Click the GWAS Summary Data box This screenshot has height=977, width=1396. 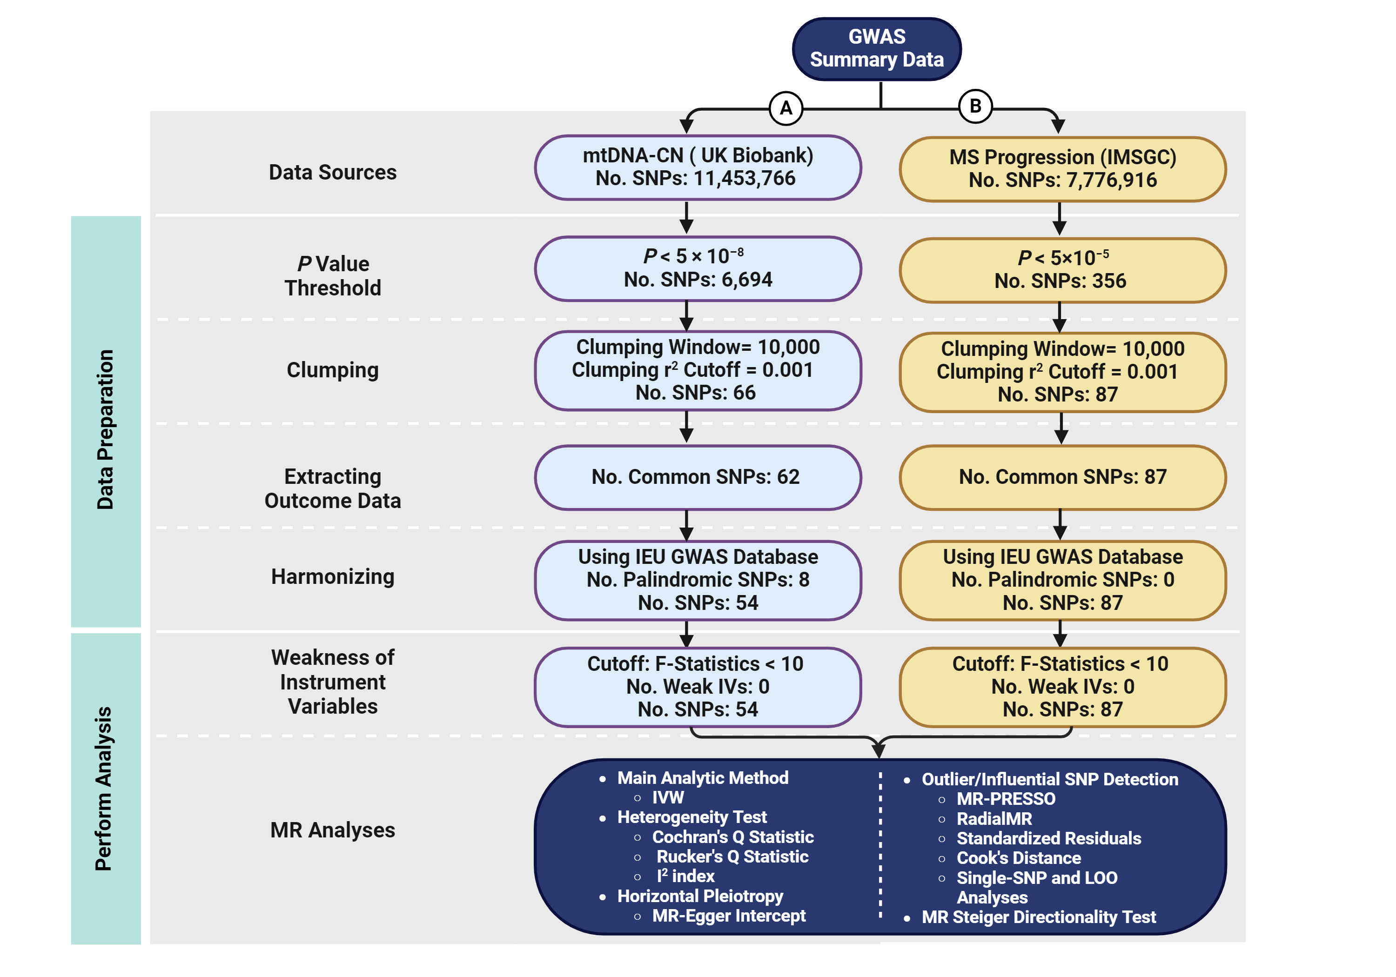click(x=876, y=49)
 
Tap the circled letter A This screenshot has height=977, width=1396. click(x=785, y=108)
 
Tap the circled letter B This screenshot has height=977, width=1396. click(x=975, y=107)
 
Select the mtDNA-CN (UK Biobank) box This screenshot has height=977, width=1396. click(x=698, y=167)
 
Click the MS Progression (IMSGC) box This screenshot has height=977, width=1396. click(x=1062, y=169)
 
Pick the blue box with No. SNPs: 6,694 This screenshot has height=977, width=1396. click(x=698, y=269)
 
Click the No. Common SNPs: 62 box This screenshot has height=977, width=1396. click(x=698, y=477)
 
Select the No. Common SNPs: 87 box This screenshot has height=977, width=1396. click(x=1062, y=477)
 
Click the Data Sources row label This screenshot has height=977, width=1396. click(x=333, y=173)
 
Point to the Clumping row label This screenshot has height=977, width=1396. click(x=333, y=370)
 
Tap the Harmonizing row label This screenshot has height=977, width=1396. click(x=333, y=576)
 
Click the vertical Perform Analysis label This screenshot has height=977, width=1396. click(x=104, y=788)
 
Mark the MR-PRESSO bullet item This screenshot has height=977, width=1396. click(x=1006, y=799)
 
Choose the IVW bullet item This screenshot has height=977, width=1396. click(x=668, y=797)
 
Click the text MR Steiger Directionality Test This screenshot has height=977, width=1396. click(x=1039, y=917)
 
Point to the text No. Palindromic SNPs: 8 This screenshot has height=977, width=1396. click(x=698, y=580)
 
